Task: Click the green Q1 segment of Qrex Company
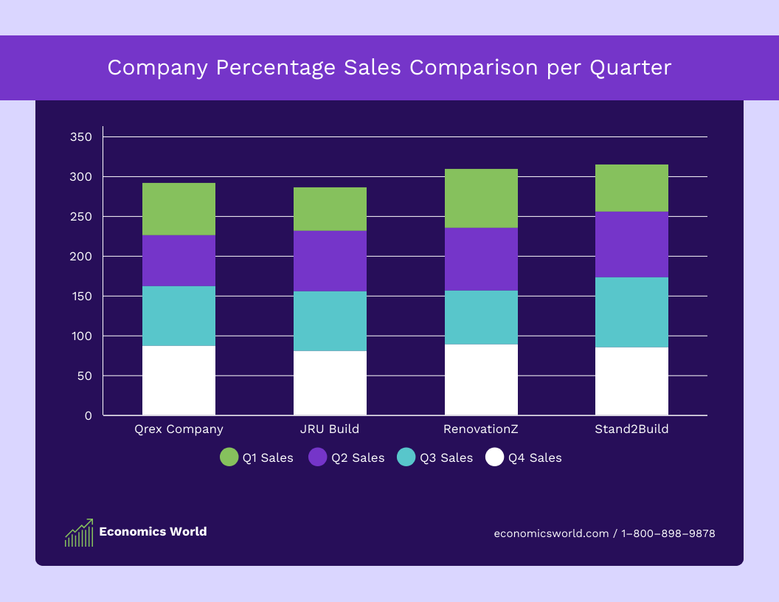coord(179,209)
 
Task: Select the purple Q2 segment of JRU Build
coord(330,261)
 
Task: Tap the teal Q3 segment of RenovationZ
coord(481,317)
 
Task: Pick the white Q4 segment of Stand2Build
coord(631,381)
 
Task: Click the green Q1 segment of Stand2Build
coord(631,188)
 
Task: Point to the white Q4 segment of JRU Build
coord(330,383)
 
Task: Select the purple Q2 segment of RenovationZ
coord(481,259)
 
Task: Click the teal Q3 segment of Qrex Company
coord(179,316)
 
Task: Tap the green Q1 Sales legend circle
coord(229,457)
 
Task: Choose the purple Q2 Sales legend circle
coord(318,457)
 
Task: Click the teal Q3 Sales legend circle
coord(406,457)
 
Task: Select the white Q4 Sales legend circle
coord(495,457)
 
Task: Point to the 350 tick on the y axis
coord(81,137)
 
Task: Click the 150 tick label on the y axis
coord(81,297)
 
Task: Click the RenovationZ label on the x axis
coord(481,429)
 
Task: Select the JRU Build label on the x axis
coord(330,429)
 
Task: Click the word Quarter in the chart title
coord(631,68)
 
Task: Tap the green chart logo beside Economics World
coord(79,532)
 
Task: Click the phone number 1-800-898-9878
coord(668,533)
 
